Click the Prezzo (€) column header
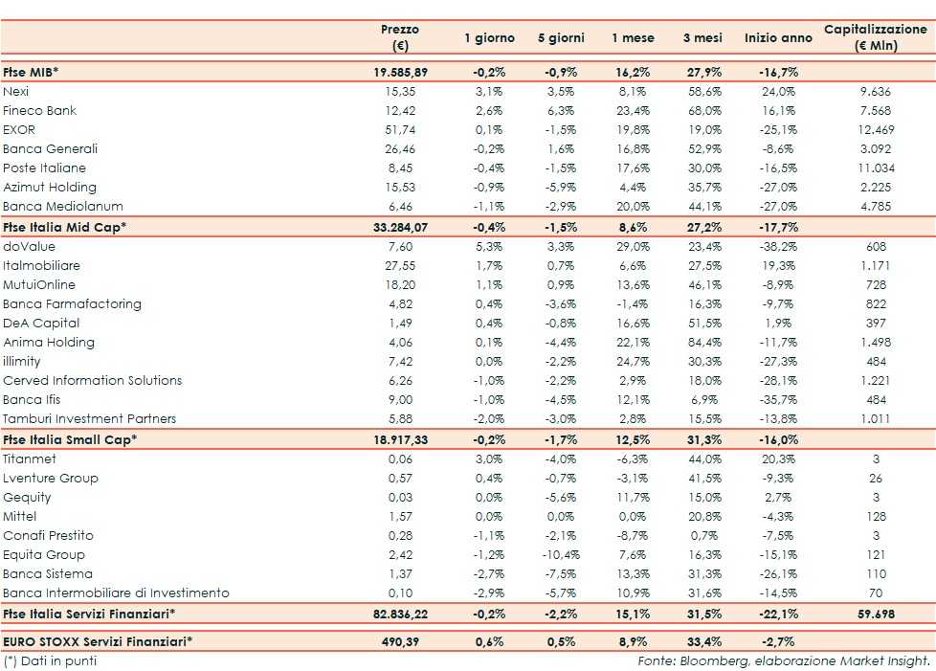pyautogui.click(x=399, y=37)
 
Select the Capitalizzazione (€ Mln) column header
pyautogui.click(x=875, y=37)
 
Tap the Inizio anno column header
pyautogui.click(x=777, y=38)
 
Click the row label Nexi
pyautogui.click(x=16, y=91)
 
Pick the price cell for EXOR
pyautogui.click(x=399, y=129)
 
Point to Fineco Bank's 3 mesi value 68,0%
pyautogui.click(x=702, y=110)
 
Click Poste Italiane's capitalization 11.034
pyautogui.click(x=875, y=168)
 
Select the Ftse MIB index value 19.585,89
pyautogui.click(x=399, y=72)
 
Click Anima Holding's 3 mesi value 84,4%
pyautogui.click(x=702, y=342)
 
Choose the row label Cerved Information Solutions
pyautogui.click(x=92, y=380)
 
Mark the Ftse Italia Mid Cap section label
pyautogui.click(x=65, y=227)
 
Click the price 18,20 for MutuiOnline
pyautogui.click(x=399, y=284)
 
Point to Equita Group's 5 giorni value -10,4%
pyautogui.click(x=560, y=554)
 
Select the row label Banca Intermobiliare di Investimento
pyautogui.click(x=116, y=593)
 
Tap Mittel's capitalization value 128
pyautogui.click(x=875, y=516)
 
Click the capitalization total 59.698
pyautogui.click(x=875, y=614)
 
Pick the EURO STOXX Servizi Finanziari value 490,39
pyautogui.click(x=399, y=640)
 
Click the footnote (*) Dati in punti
pyautogui.click(x=50, y=660)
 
